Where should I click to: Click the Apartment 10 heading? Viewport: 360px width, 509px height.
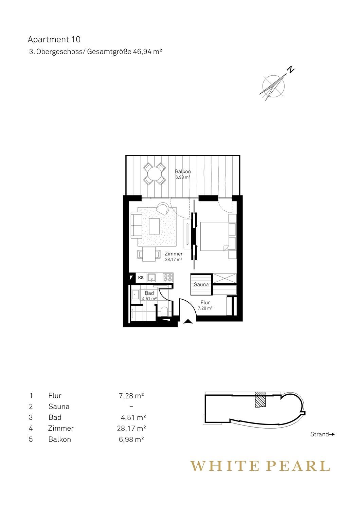click(54, 40)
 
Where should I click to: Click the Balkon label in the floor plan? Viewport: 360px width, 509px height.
click(183, 172)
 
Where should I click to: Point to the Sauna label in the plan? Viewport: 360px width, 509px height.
click(201, 284)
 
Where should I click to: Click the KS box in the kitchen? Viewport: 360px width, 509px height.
click(141, 278)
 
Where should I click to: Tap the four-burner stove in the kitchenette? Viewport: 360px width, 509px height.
click(168, 278)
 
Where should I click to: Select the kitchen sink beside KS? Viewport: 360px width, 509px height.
click(151, 278)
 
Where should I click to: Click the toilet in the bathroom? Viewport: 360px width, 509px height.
click(164, 311)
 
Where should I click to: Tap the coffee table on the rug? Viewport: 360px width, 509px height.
click(155, 226)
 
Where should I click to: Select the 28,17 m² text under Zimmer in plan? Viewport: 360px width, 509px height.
click(173, 259)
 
